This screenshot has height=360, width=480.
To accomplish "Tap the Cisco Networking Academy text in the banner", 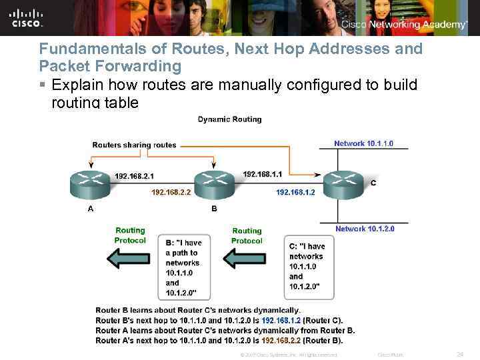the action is click(404, 25).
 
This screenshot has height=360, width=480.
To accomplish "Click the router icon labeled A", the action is click(91, 184).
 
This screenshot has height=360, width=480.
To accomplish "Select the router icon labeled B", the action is click(214, 184).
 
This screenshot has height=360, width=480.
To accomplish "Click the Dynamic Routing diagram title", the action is click(229, 119).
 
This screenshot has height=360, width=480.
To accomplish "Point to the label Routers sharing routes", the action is click(134, 145).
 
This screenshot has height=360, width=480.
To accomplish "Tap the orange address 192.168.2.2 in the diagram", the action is click(171, 192).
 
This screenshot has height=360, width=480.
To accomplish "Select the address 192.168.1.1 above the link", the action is click(263, 174).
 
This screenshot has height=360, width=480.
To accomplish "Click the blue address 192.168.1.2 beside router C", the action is click(295, 192).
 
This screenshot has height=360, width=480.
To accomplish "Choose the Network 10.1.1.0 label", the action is click(363, 143).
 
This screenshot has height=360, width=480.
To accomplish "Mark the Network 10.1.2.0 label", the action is click(365, 229).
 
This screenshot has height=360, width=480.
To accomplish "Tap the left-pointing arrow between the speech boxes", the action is click(247, 257).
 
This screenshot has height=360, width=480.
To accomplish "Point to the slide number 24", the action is click(459, 354).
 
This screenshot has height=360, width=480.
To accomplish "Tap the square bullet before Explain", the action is click(42, 85).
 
